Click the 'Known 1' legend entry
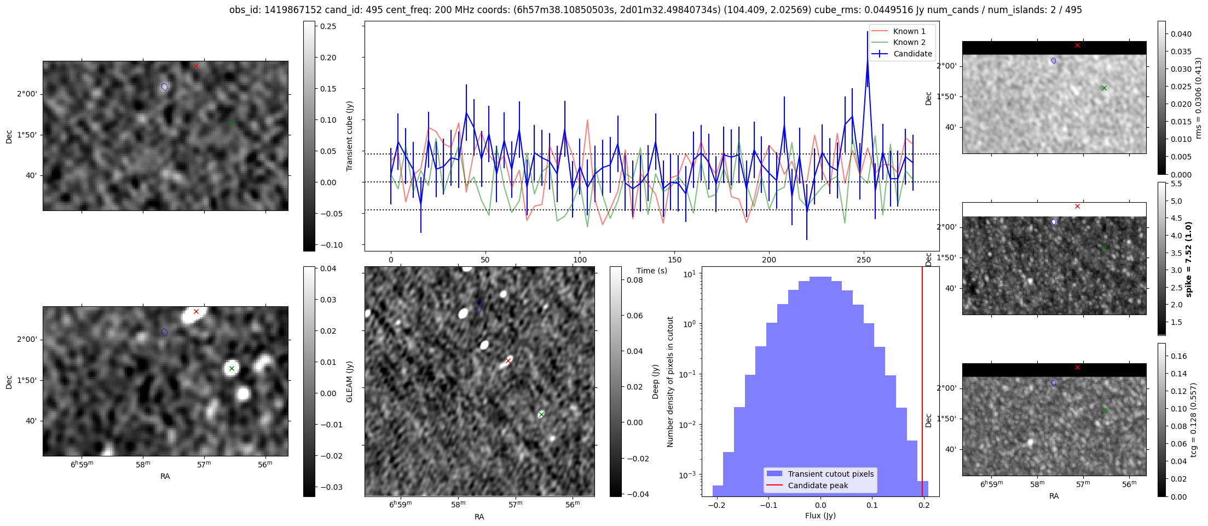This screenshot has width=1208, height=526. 909,31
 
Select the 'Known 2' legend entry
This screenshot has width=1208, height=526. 909,42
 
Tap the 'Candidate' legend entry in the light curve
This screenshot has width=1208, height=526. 912,54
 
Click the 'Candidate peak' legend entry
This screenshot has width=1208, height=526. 818,485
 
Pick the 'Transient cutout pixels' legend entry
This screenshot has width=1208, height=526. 830,474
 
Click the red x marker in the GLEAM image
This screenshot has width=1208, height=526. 196,311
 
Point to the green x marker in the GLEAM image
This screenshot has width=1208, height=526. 232,368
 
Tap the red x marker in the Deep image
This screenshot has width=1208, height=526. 508,361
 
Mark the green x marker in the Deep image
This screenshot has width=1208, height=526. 541,414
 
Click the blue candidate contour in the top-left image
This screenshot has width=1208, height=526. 164,87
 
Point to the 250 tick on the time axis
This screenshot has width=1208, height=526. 864,260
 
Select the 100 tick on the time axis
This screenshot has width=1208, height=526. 580,260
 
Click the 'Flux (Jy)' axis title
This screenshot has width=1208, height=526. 820,516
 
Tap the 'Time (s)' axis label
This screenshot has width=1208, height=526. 651,271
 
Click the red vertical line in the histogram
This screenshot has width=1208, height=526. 922,384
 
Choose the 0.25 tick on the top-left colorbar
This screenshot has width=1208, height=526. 328,26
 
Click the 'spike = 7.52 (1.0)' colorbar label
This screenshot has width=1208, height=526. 1188,259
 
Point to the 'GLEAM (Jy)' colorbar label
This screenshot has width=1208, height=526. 349,381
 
